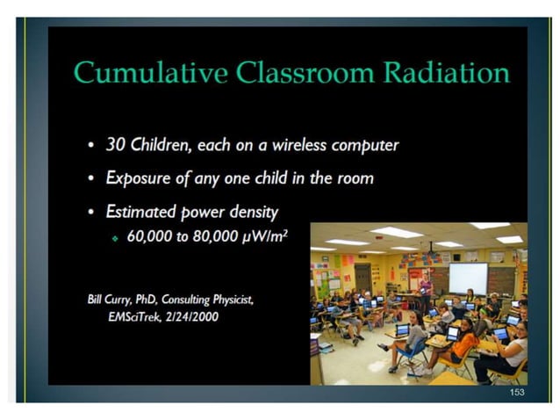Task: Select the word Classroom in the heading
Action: tap(302, 72)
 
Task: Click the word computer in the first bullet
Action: tap(361, 145)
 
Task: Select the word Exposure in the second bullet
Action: tap(140, 177)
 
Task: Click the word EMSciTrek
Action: tap(136, 316)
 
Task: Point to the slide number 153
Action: tap(516, 392)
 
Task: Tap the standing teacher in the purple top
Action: tap(426, 291)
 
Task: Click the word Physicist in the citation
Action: tap(226, 300)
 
